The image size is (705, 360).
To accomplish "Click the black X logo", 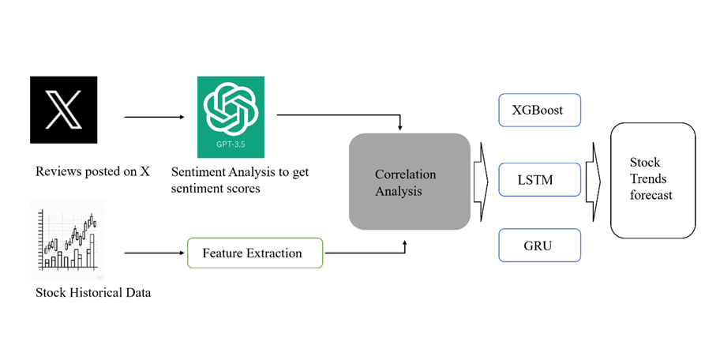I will pos(63,110).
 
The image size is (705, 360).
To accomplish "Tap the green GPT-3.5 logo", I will pos(231,116).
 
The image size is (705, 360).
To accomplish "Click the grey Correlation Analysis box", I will pos(410,182).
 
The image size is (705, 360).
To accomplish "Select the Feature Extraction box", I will pos(254,253).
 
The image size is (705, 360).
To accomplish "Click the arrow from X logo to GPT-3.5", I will pos(155,117).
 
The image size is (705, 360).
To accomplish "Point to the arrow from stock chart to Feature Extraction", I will pos(155,253).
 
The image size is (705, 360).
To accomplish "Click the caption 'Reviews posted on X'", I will pos(92,171).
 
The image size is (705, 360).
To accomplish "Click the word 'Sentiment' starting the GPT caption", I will pos(197,172).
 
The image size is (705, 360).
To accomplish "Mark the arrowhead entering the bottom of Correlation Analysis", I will pos(405,246).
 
